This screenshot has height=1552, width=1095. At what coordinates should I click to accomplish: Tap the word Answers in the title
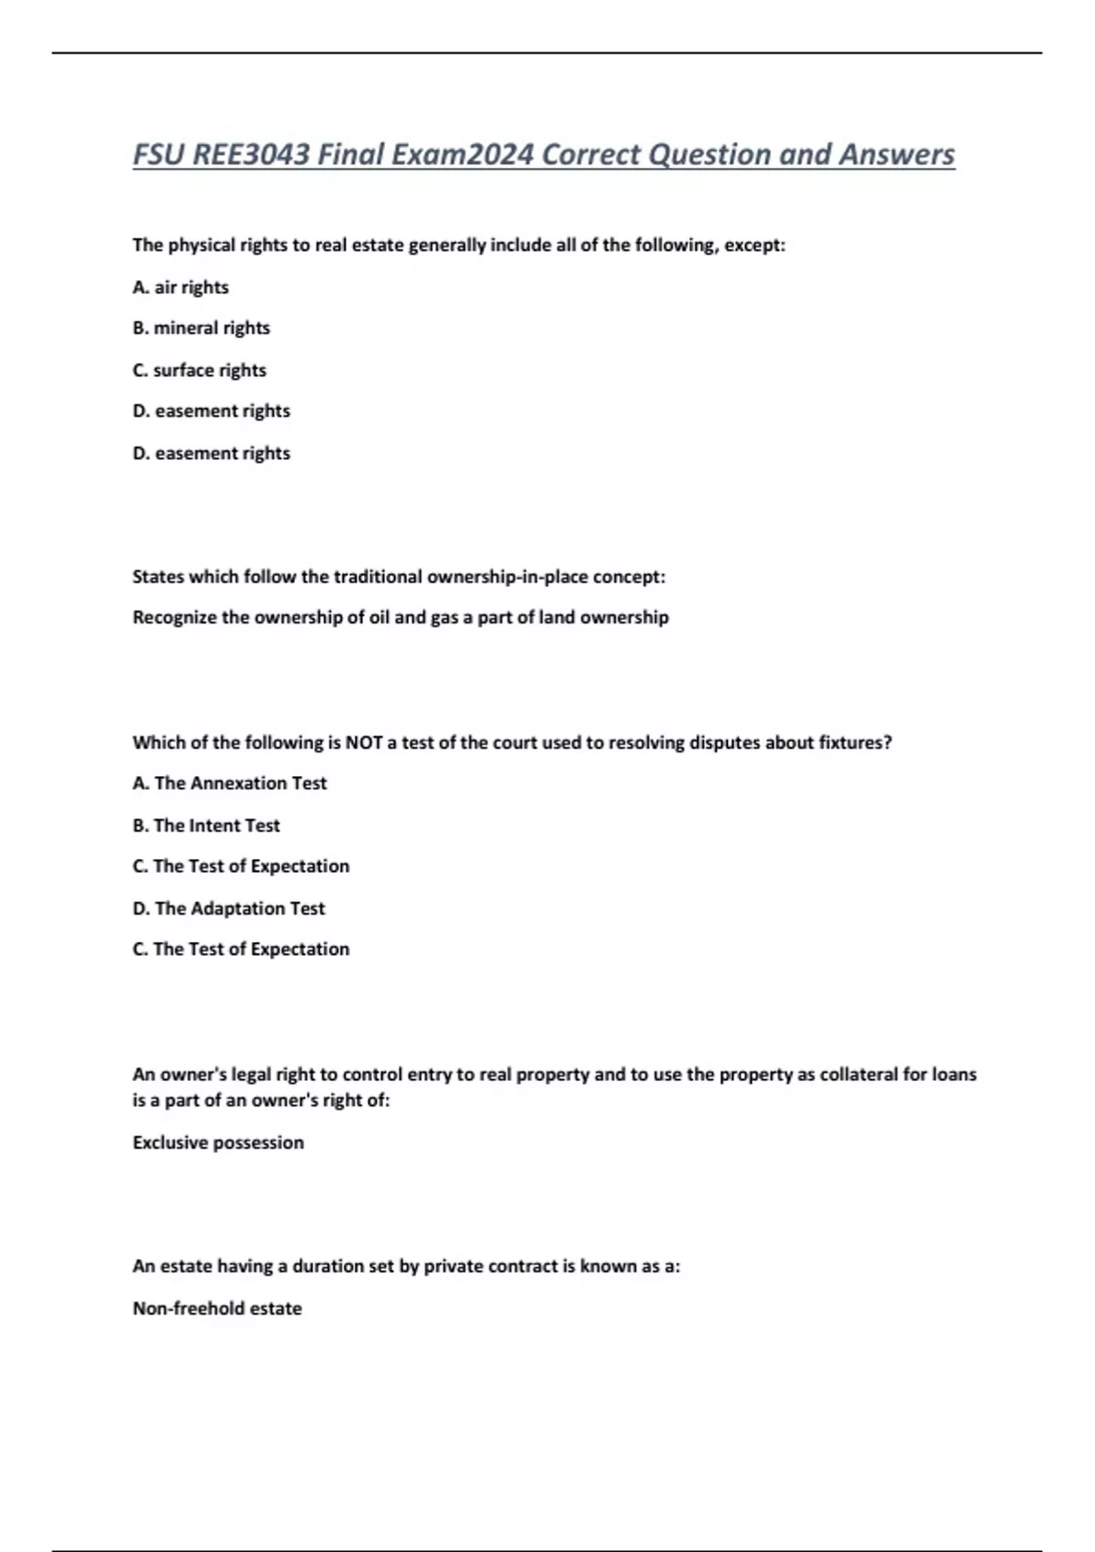tap(896, 154)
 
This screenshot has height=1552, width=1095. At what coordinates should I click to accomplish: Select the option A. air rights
tap(181, 287)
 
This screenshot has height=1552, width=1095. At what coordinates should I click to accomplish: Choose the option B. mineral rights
tap(201, 328)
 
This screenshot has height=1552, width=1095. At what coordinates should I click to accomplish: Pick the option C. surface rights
tap(199, 370)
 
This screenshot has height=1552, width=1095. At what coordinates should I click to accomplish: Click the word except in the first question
tap(754, 245)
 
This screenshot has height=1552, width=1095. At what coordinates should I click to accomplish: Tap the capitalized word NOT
tap(364, 742)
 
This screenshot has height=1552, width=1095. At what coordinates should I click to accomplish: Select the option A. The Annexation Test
tap(229, 783)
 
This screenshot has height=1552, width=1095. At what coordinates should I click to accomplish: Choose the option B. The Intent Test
tap(206, 825)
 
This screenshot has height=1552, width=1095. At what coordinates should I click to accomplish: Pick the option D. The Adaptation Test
tap(228, 908)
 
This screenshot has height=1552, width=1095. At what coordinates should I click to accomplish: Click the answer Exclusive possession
tap(218, 1142)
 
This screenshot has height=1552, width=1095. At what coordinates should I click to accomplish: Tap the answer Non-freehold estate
tap(217, 1308)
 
